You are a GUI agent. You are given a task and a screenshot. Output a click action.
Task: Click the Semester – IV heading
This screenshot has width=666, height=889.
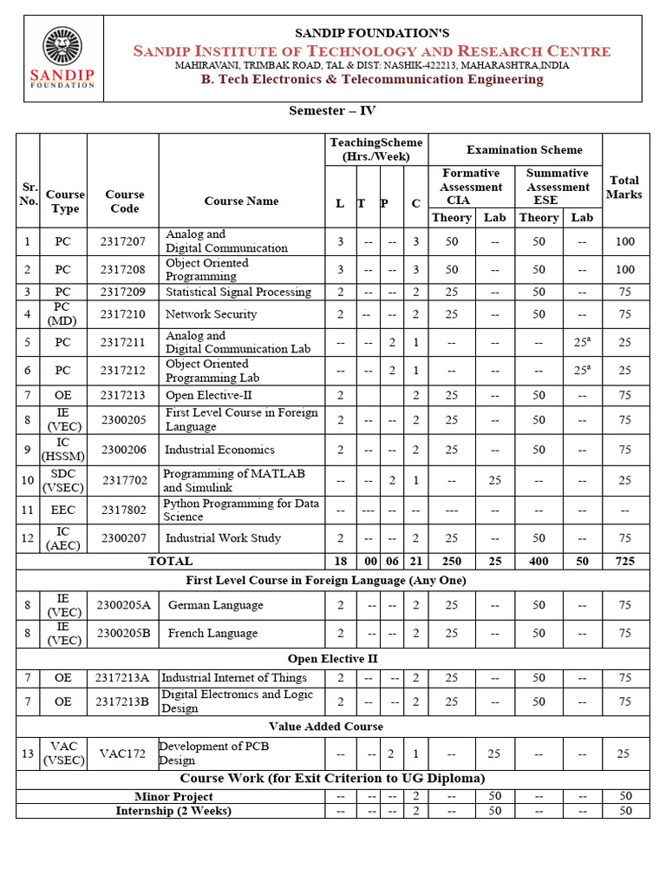click(332, 110)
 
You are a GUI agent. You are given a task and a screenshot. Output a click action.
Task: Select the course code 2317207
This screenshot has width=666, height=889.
click(123, 241)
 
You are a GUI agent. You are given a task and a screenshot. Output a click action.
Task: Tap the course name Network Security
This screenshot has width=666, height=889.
click(211, 314)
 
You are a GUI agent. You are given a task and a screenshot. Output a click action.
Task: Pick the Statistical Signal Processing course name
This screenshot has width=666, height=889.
click(238, 292)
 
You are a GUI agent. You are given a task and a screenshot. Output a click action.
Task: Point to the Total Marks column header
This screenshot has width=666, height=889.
click(624, 188)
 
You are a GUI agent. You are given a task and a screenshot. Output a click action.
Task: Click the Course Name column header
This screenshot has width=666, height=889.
click(241, 201)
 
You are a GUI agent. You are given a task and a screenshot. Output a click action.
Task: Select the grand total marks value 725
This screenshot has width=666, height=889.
click(624, 562)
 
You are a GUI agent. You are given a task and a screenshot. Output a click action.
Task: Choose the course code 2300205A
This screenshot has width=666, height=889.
click(123, 605)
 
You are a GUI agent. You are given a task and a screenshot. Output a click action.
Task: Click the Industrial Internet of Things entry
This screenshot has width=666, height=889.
click(234, 677)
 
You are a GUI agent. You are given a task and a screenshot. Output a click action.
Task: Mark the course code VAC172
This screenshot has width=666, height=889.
click(123, 754)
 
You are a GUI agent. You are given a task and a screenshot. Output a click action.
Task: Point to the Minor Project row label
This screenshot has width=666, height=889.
click(173, 796)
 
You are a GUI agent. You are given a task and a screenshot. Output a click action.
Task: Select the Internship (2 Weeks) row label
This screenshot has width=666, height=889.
click(173, 811)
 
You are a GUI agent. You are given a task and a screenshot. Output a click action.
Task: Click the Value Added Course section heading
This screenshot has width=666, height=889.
click(325, 727)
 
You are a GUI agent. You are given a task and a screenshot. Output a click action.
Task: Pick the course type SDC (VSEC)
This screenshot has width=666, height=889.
click(63, 481)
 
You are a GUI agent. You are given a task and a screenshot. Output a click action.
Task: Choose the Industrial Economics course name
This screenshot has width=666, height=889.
click(219, 450)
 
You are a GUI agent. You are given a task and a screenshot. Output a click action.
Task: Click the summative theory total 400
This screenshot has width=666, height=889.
click(539, 562)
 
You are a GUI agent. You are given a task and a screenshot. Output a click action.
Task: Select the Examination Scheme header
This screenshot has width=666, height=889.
click(525, 149)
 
